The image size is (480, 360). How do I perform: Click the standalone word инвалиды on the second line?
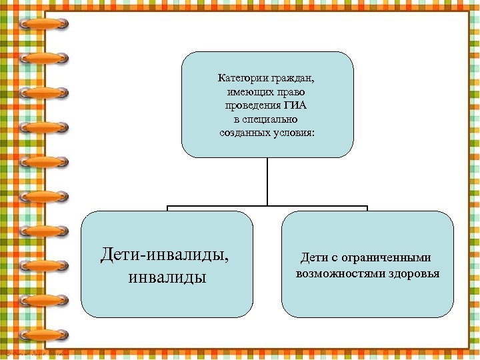167,275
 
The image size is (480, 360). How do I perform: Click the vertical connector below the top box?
267,180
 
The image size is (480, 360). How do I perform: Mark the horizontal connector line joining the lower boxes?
267,206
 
